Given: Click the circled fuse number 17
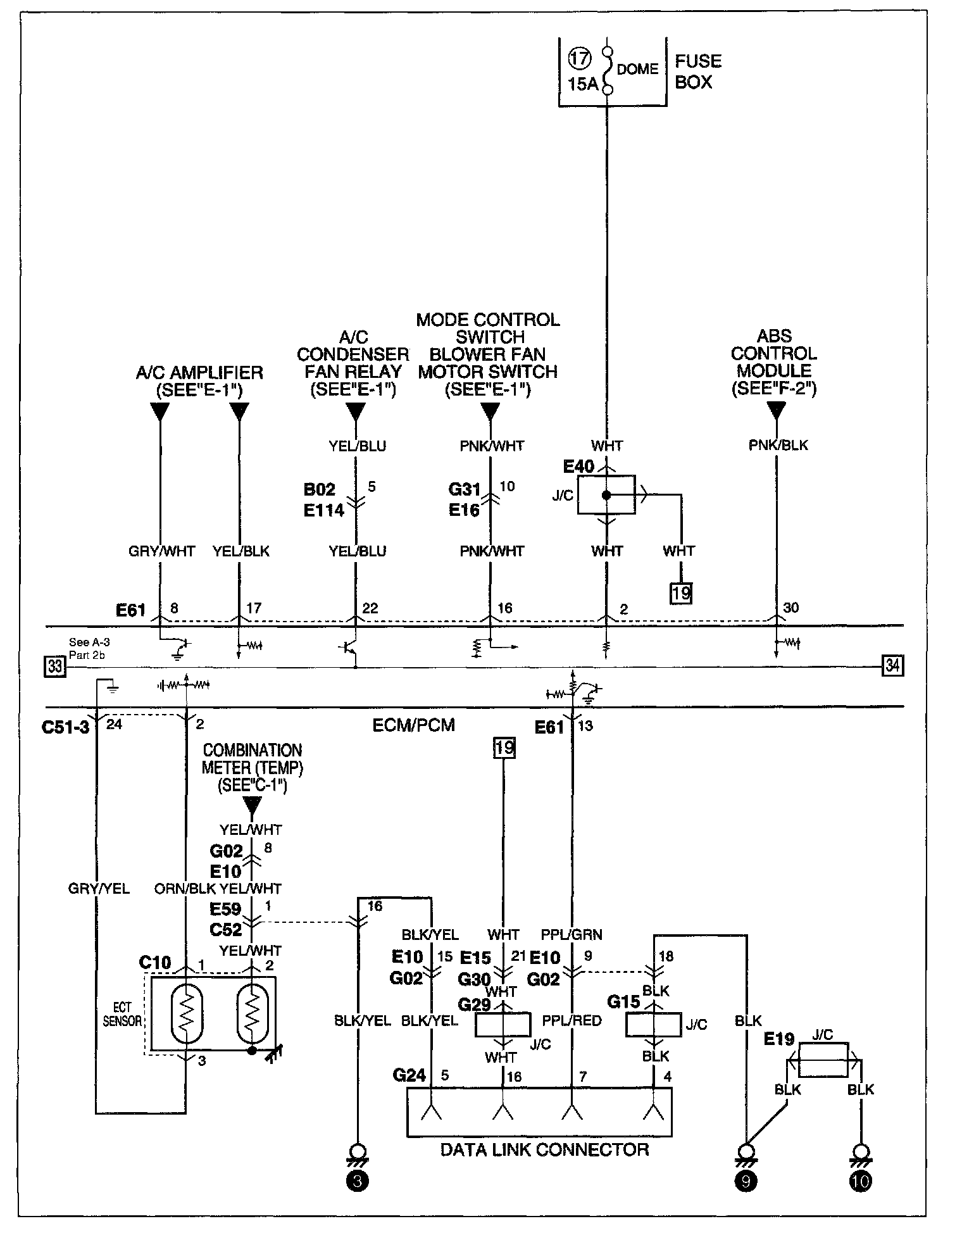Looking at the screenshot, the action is click(x=580, y=59).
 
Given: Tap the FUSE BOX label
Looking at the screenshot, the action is click(x=698, y=72).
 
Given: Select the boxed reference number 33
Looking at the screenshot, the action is click(x=54, y=667).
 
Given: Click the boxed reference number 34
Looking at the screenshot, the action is click(x=892, y=665).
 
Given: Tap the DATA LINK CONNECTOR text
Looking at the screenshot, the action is click(x=545, y=1149).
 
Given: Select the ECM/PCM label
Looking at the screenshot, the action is click(x=414, y=725).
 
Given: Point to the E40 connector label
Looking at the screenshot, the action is click(x=578, y=467).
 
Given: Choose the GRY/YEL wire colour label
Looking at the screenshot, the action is click(x=99, y=889).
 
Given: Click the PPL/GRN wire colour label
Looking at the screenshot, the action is click(x=572, y=934).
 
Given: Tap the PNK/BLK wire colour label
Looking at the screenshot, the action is click(x=778, y=445).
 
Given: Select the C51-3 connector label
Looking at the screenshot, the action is click(x=66, y=727).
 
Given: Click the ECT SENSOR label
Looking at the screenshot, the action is click(x=122, y=1014).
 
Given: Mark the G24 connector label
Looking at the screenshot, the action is click(x=409, y=1075).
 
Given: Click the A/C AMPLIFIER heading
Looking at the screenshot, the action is click(x=199, y=372).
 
